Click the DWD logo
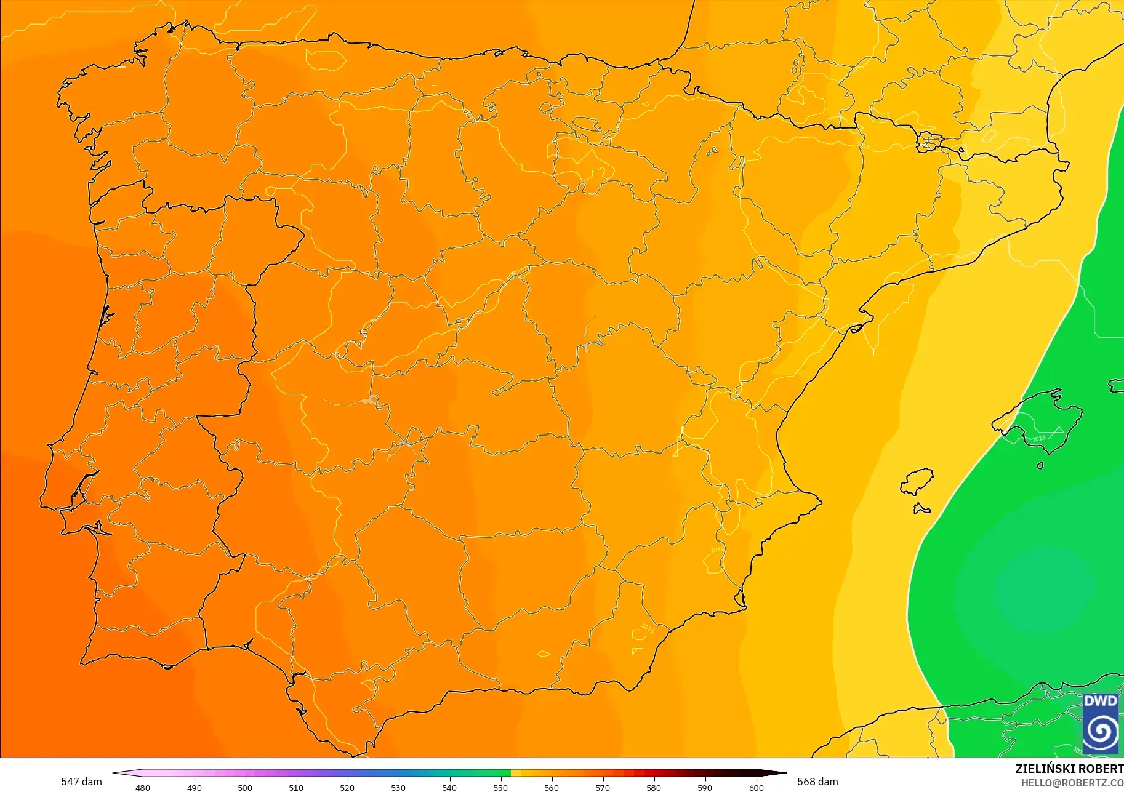(1101, 723)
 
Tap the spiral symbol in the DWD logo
(1101, 732)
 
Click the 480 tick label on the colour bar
(143, 788)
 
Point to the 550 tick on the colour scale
(500, 788)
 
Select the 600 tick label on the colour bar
(756, 788)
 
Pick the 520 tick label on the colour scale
(347, 788)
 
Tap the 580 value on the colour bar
(654, 788)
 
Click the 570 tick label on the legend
(603, 788)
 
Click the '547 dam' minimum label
(81, 782)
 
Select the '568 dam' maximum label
(817, 782)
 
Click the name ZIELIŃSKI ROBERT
(1069, 769)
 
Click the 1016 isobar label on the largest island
(1039, 439)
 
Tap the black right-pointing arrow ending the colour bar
(778, 773)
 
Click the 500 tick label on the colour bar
(245, 788)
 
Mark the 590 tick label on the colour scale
(705, 788)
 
